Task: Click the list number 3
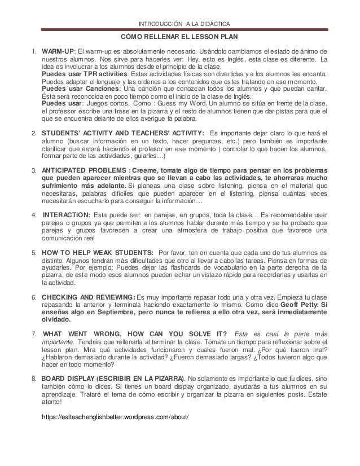coord(33,170)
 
